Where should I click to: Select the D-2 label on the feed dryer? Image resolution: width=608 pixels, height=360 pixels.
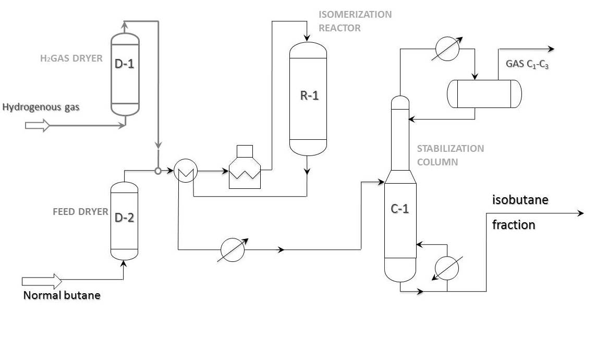(124, 217)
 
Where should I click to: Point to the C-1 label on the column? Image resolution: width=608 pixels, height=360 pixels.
(400, 209)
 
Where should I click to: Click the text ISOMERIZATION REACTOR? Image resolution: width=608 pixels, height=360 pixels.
(355, 21)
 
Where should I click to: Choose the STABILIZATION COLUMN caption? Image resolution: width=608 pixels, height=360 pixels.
(450, 155)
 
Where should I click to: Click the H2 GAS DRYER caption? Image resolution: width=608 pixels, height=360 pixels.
(71, 58)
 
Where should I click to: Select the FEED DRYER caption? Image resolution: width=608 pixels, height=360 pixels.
(80, 212)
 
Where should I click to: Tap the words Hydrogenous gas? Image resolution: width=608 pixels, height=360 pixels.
(41, 107)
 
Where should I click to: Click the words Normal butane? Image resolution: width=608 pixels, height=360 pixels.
(62, 295)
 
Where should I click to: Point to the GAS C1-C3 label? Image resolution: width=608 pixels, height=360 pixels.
(527, 65)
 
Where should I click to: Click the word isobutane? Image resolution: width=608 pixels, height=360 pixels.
(520, 200)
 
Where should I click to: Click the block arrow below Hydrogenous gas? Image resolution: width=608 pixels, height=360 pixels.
(37, 126)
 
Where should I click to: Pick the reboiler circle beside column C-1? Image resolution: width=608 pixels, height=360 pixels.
(447, 269)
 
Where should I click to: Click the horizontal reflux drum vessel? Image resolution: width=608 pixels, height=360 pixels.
(484, 94)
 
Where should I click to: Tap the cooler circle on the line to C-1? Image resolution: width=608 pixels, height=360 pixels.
(232, 250)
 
